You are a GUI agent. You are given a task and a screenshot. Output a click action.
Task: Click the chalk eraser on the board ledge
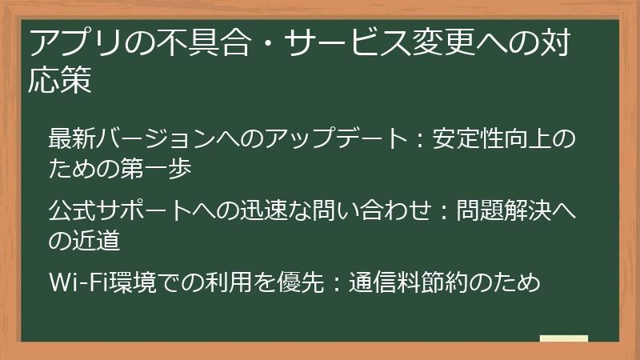click(563, 338)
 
